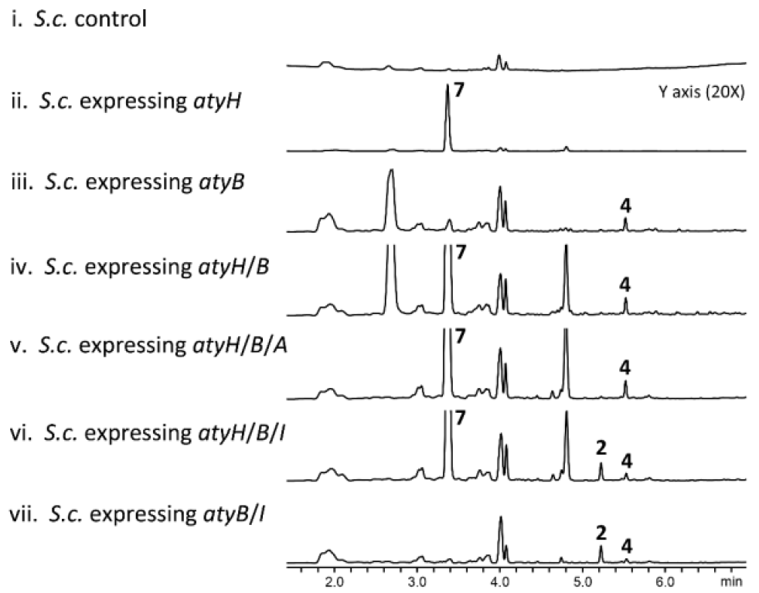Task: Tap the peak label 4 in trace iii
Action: (625, 205)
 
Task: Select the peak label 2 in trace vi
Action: (601, 446)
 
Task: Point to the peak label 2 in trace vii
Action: (601, 531)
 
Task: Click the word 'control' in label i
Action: (114, 18)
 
